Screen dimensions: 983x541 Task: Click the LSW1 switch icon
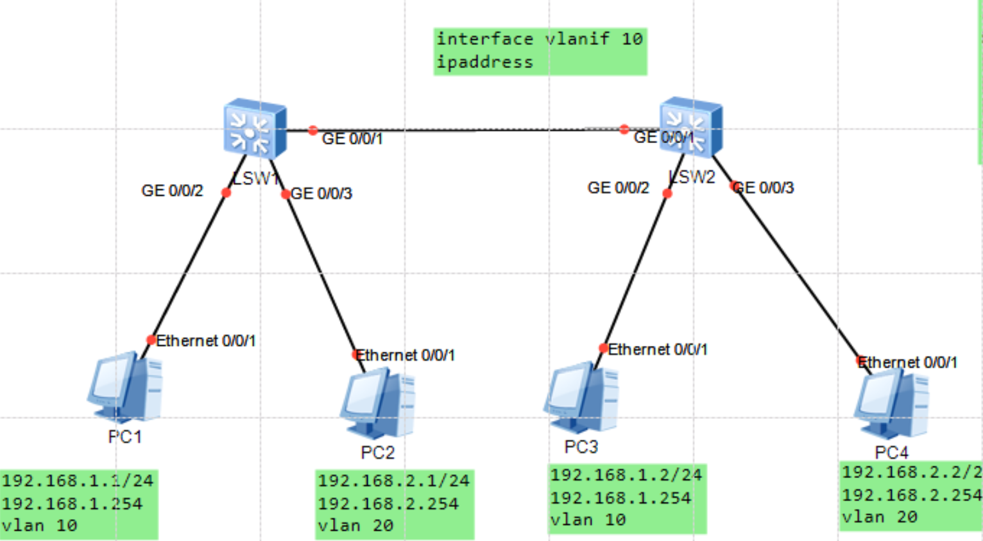coord(255,128)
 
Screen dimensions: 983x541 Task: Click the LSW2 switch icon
coord(691,127)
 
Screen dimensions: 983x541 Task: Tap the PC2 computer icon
coord(378,404)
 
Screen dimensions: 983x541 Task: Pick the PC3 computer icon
coord(581,397)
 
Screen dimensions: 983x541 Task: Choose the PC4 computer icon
coord(892,404)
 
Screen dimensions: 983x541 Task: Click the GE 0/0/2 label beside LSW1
coord(172,191)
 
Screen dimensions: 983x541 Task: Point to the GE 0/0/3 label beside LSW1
coord(321,194)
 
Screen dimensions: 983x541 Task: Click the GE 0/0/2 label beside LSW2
coord(618,188)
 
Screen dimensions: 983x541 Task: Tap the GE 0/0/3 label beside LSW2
coord(764,188)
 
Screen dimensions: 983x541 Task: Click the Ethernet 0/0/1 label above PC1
coord(206,341)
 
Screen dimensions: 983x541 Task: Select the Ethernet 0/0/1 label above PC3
coord(658,350)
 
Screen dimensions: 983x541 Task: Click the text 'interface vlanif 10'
coord(540,39)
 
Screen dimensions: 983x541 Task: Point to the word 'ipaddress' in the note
coord(485,62)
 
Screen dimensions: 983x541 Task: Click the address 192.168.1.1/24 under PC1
coord(78,481)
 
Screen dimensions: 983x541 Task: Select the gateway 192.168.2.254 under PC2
coord(388,504)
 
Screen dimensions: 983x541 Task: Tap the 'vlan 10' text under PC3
coord(588,520)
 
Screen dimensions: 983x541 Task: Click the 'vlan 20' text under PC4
coord(880,517)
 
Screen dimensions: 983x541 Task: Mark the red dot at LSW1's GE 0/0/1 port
coord(312,130)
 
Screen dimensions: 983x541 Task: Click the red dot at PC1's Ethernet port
coord(151,339)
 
